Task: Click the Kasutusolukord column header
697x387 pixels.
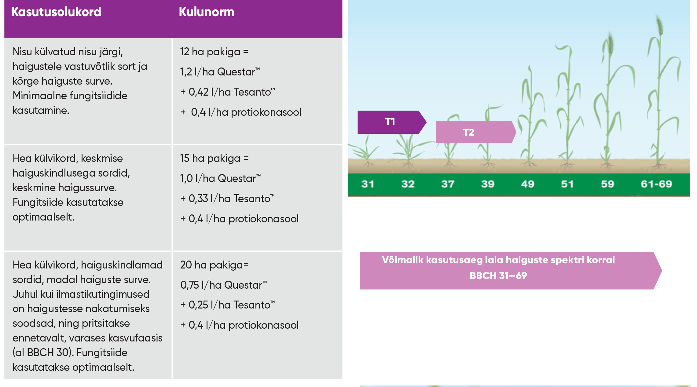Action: pyautogui.click(x=56, y=12)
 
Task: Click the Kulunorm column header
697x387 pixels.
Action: pyautogui.click(x=207, y=12)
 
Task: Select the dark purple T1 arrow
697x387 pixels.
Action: pyautogui.click(x=392, y=122)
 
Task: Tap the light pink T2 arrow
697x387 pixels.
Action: pyautogui.click(x=476, y=132)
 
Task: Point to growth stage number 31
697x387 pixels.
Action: pyautogui.click(x=368, y=184)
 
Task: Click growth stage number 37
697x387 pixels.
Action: pyautogui.click(x=448, y=184)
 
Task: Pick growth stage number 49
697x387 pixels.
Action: pyautogui.click(x=528, y=184)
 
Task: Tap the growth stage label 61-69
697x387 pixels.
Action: pyautogui.click(x=656, y=184)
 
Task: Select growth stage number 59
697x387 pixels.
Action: pyautogui.click(x=607, y=184)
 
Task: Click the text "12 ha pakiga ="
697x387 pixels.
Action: pyautogui.click(x=214, y=52)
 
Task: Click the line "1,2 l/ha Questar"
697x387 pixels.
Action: pyautogui.click(x=220, y=72)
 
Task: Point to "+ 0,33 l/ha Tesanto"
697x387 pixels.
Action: pyautogui.click(x=227, y=199)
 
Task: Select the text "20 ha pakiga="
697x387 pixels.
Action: pyautogui.click(x=214, y=265)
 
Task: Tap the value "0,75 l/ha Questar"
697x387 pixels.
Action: pyautogui.click(x=223, y=285)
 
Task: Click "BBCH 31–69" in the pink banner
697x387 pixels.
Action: pyautogui.click(x=498, y=276)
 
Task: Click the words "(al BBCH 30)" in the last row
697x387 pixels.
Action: pyautogui.click(x=43, y=353)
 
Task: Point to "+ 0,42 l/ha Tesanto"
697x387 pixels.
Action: pyautogui.click(x=228, y=92)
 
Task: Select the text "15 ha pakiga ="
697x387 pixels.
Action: pyautogui.click(x=214, y=159)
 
